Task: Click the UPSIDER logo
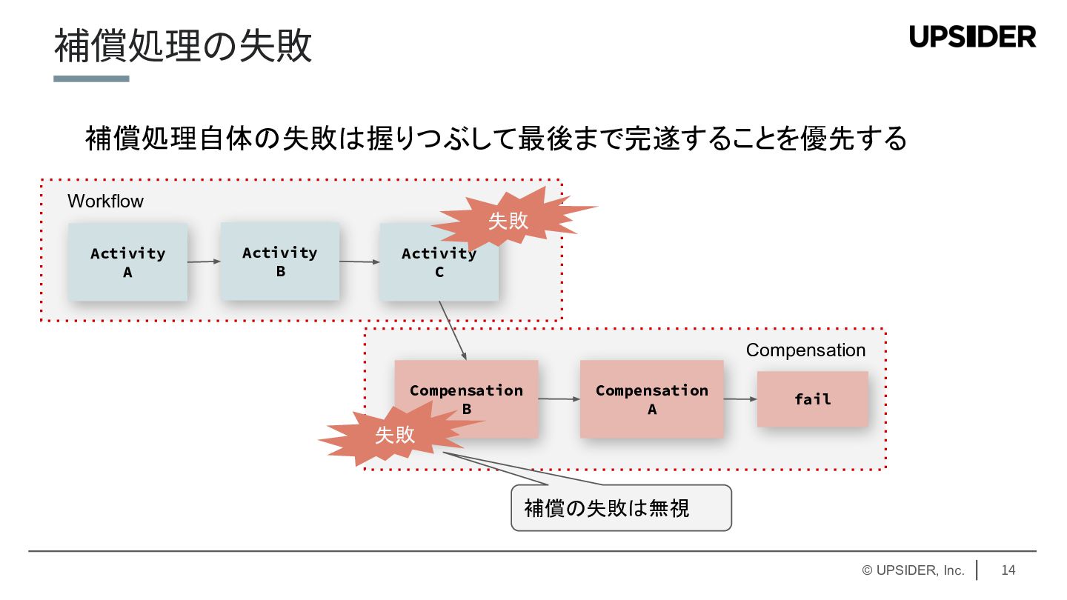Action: [972, 36]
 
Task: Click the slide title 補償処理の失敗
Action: [183, 47]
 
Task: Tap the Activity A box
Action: [127, 262]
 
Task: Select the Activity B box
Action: [280, 261]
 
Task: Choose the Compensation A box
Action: [651, 399]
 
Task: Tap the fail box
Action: [812, 399]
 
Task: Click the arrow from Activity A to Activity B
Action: [204, 261]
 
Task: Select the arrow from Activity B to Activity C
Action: [359, 261]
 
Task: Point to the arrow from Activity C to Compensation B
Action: [453, 330]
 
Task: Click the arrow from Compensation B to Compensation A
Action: [559, 399]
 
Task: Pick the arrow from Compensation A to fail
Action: [740, 399]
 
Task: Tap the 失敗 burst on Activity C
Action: [509, 220]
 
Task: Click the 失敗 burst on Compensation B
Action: [395, 435]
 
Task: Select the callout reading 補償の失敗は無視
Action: [621, 508]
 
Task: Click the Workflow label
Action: [105, 201]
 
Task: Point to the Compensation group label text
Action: [805, 350]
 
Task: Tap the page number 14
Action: [1008, 570]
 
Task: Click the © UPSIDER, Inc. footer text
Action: [913, 570]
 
